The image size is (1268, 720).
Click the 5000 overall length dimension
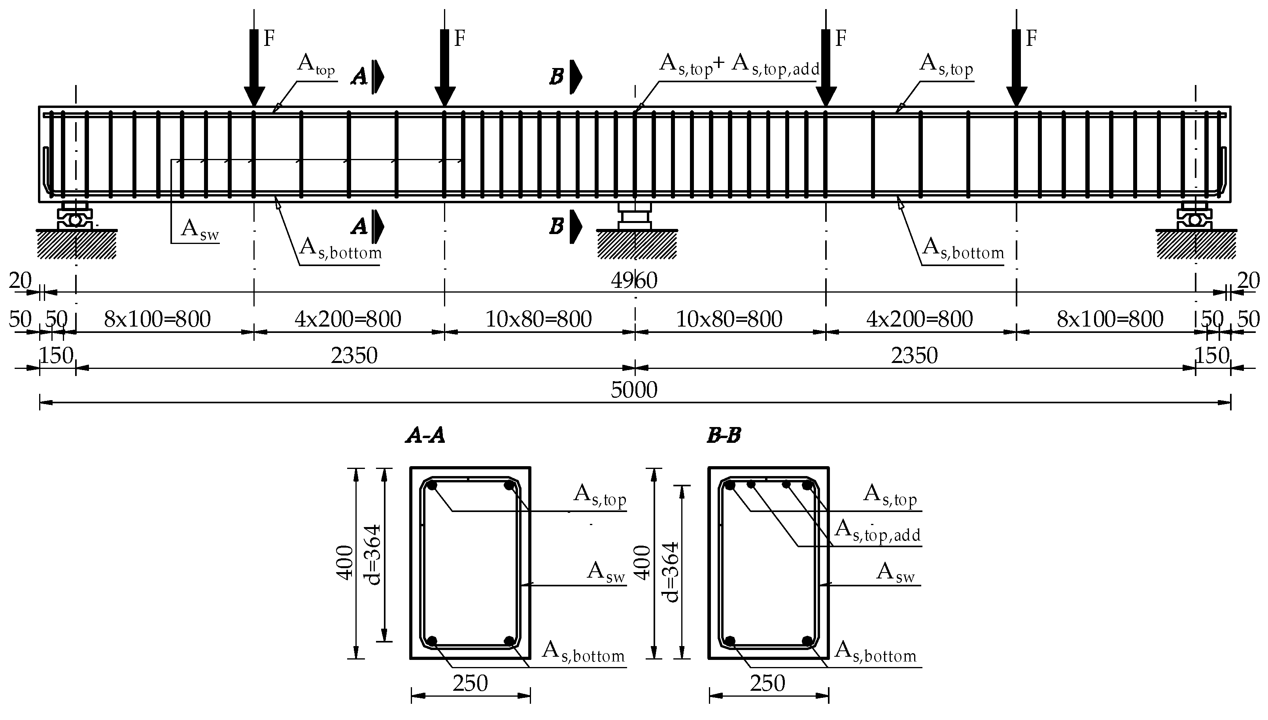(x=634, y=390)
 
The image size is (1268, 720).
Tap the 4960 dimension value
(x=634, y=281)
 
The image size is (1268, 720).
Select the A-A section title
(x=425, y=436)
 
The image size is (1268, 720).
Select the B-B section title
(x=724, y=436)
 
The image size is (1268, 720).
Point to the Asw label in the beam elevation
(x=200, y=229)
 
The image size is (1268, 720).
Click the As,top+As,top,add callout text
(x=739, y=65)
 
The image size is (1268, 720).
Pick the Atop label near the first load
(x=316, y=65)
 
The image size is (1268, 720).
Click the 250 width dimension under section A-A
(x=470, y=683)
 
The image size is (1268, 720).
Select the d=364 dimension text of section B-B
(x=671, y=572)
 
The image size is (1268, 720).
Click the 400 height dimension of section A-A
(x=344, y=562)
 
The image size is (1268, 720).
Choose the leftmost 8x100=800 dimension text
(x=157, y=319)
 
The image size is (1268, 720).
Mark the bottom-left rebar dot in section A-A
(x=432, y=641)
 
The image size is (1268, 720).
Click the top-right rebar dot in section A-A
(x=509, y=486)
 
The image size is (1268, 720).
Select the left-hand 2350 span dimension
(x=354, y=355)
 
